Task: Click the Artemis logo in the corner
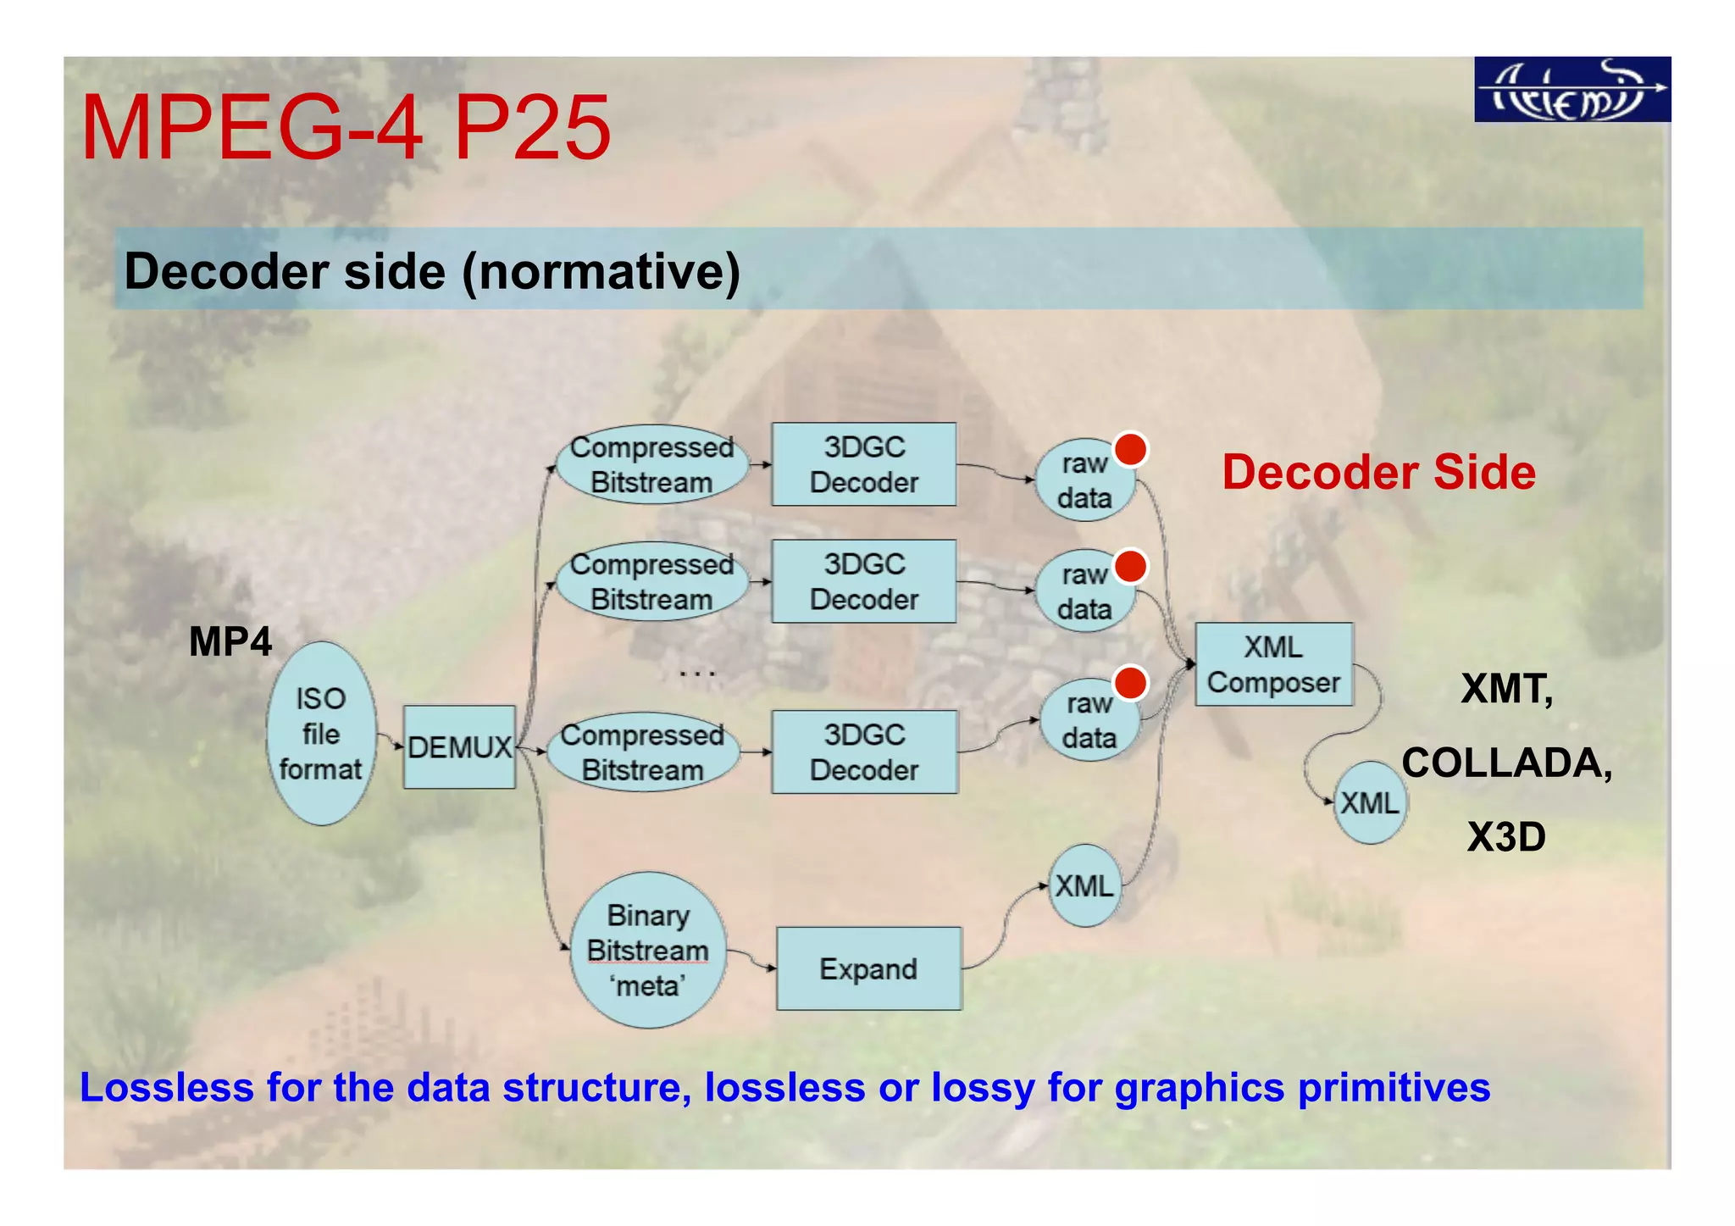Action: [x=1571, y=90]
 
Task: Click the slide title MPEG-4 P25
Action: [x=346, y=129]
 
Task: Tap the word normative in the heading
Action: [x=601, y=272]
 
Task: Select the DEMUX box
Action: [x=459, y=747]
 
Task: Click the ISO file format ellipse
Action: [x=321, y=734]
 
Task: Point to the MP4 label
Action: [x=230, y=641]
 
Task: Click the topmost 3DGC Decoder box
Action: [x=863, y=464]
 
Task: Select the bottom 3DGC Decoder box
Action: [x=863, y=752]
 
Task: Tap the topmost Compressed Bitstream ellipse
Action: [x=651, y=464]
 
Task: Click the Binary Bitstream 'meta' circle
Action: [x=648, y=950]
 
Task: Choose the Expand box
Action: [x=868, y=968]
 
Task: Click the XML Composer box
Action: [x=1273, y=665]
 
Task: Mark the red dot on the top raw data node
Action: [x=1130, y=449]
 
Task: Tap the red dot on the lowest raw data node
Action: [x=1130, y=683]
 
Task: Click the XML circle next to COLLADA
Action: [x=1370, y=802]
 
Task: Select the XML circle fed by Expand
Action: [x=1084, y=886]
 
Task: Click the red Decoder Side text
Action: [x=1378, y=472]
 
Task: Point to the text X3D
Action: [x=1506, y=837]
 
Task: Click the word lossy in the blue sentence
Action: [x=983, y=1088]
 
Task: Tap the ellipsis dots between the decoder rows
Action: [x=697, y=674]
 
